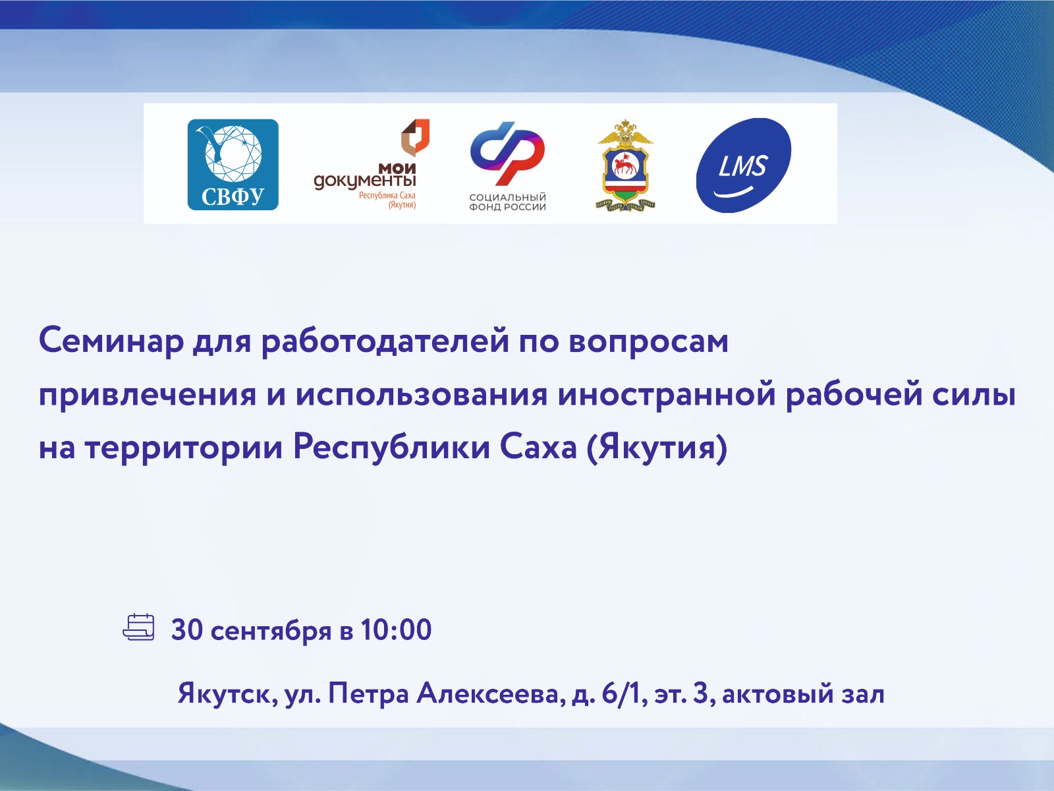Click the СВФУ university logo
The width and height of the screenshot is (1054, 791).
[x=233, y=165]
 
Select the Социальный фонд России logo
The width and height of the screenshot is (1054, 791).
[x=507, y=166]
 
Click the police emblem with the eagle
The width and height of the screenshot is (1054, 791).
[x=626, y=165]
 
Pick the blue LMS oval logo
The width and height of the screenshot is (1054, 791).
[x=743, y=165]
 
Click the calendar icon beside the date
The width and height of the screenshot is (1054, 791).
[x=139, y=628]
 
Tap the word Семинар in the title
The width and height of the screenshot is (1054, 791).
[x=111, y=341]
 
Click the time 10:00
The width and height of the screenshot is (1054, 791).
[x=396, y=630]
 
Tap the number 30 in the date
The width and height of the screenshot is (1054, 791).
[x=187, y=630]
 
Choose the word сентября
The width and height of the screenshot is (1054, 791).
[x=271, y=631]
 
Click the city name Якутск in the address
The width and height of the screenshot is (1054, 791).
[x=228, y=695]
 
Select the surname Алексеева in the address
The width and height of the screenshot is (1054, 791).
[x=488, y=695]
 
